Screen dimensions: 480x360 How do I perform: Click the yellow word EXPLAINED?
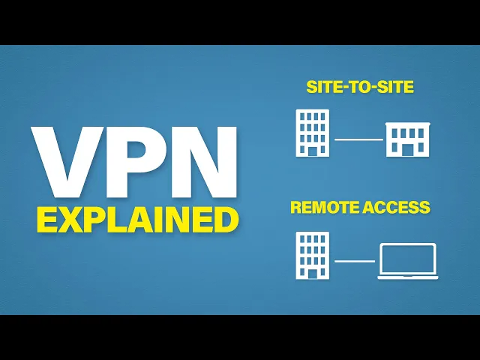coord(138,219)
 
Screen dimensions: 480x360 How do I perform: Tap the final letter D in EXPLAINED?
coord(226,219)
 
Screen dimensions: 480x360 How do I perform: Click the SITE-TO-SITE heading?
coord(361,87)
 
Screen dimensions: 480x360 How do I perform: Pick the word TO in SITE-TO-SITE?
coord(361,87)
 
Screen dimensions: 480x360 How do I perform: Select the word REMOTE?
coord(324,208)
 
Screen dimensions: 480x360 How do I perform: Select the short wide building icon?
coord(407,140)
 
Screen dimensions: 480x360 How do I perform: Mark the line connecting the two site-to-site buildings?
coord(358,139)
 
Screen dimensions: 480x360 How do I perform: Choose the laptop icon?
coord(407,261)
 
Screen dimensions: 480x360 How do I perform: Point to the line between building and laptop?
coord(354,261)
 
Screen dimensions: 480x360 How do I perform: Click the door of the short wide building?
coord(407,150)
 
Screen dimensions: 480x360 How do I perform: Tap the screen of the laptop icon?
coord(407,258)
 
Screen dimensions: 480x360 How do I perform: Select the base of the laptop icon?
coord(407,277)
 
